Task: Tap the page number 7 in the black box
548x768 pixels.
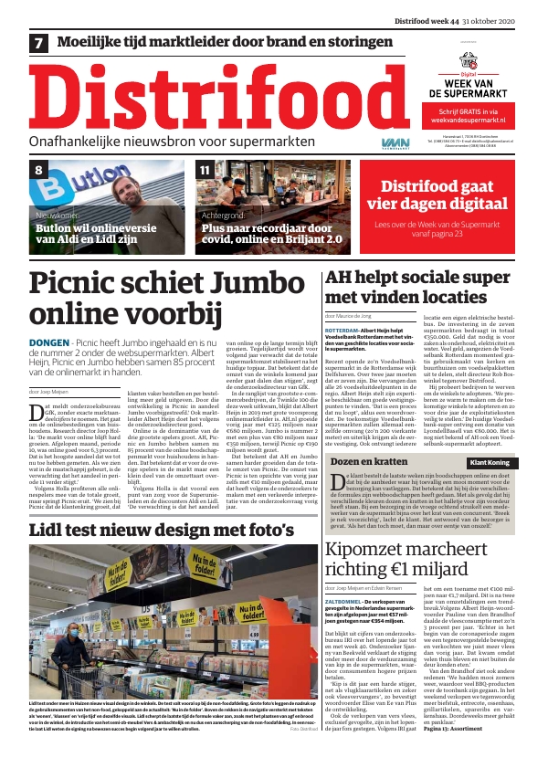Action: [x=39, y=43]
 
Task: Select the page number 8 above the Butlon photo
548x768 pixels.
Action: [x=39, y=171]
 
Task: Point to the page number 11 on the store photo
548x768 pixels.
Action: [x=205, y=171]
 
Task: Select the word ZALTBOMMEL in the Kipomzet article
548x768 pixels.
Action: [x=347, y=574]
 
